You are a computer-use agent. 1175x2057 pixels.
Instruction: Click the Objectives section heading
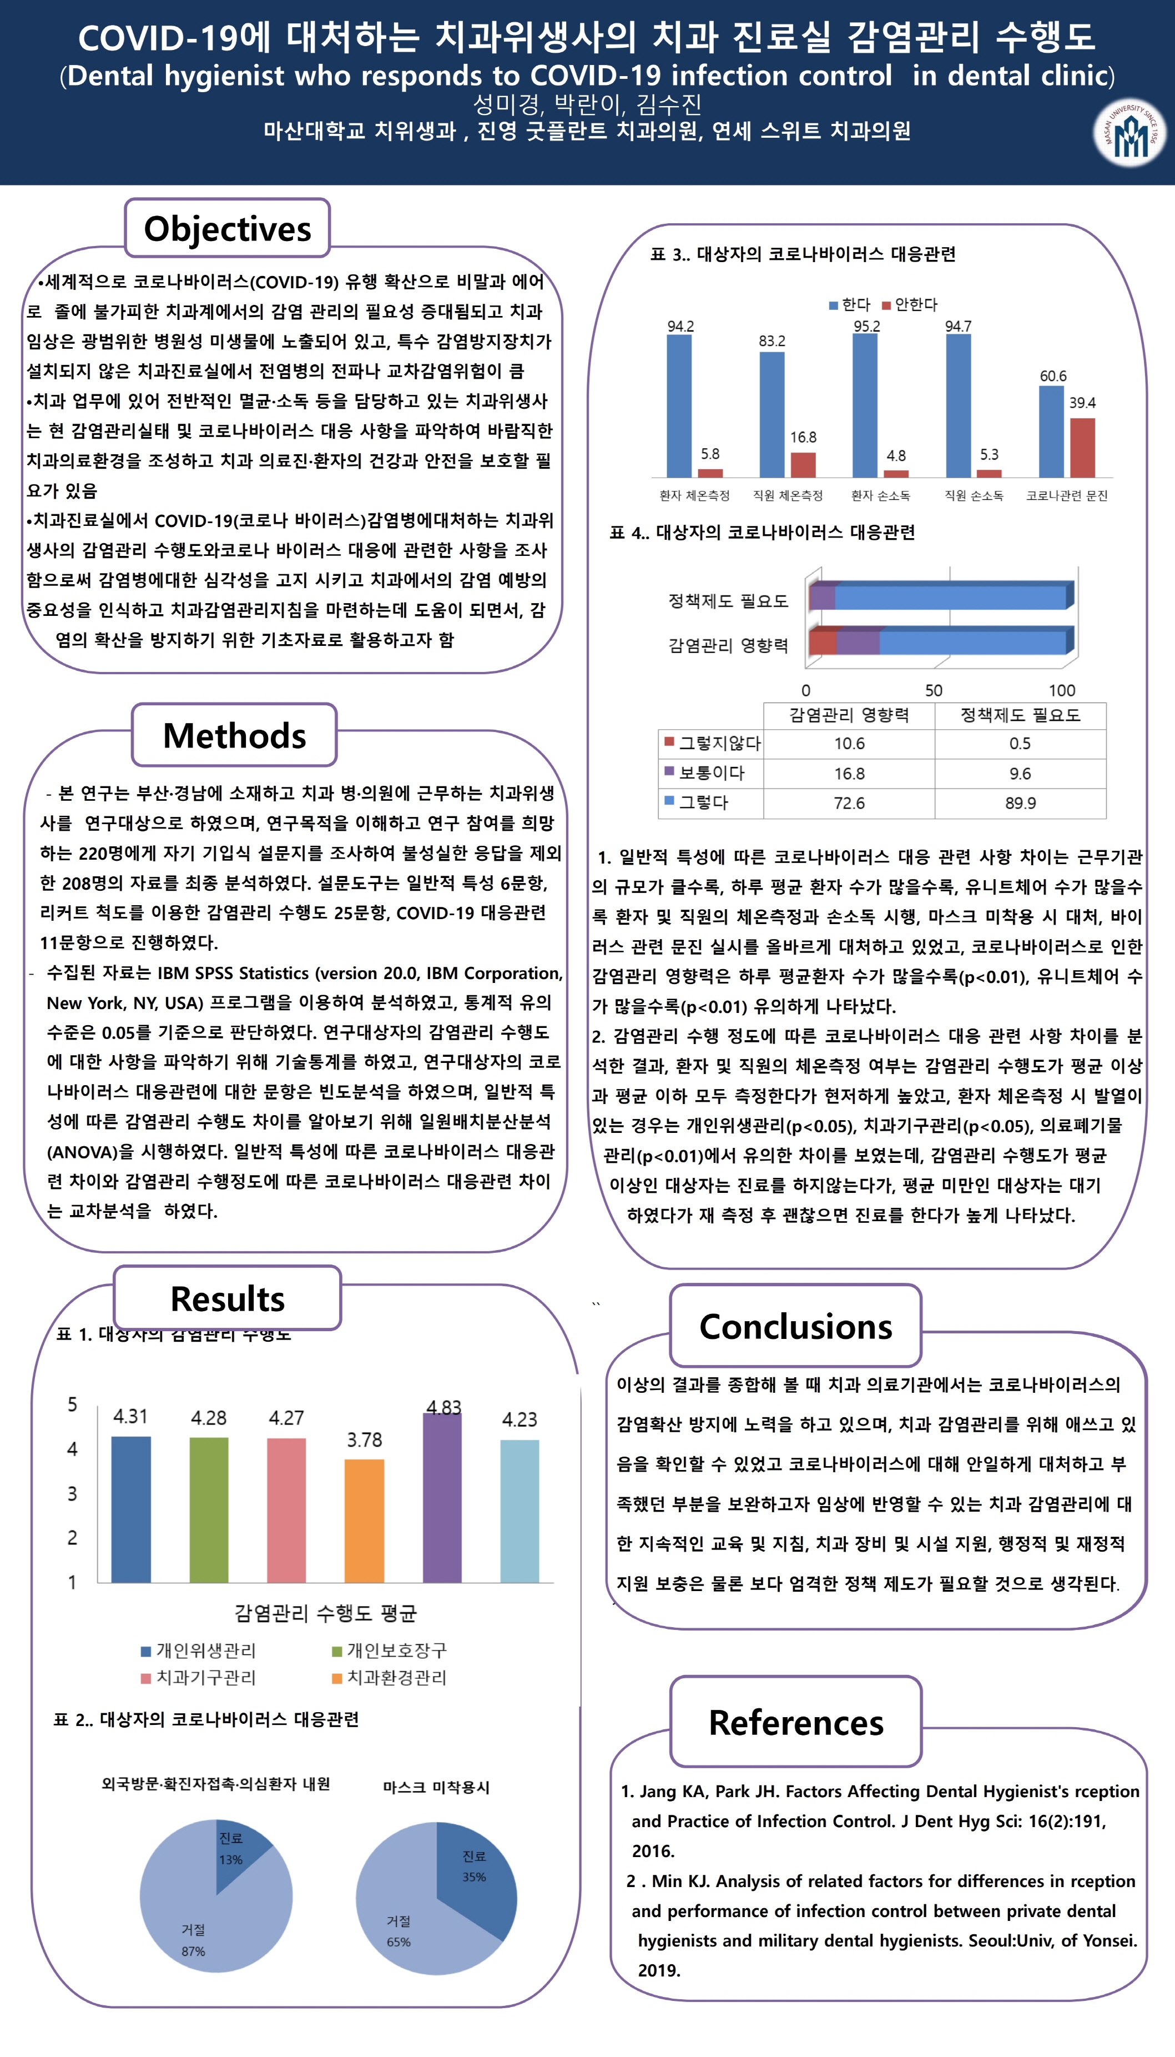click(227, 228)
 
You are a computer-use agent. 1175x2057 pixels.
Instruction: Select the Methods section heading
click(234, 735)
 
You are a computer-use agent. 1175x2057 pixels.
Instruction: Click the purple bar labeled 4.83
click(442, 1498)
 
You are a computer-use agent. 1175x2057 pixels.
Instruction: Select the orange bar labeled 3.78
click(364, 1520)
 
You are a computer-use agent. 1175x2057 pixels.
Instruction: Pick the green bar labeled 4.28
click(208, 1509)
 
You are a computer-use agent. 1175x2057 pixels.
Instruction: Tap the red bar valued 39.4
click(1082, 448)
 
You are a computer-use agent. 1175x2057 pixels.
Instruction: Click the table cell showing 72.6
click(849, 803)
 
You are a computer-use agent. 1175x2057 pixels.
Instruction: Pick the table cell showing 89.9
click(1020, 803)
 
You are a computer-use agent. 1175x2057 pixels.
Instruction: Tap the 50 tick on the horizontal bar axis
click(934, 690)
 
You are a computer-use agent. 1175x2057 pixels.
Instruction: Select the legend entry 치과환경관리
click(395, 1678)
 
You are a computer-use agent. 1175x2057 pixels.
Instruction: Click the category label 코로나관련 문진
click(1067, 496)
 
